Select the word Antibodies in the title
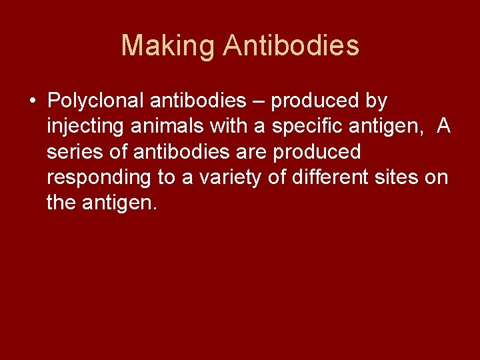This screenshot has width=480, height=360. pos(291,46)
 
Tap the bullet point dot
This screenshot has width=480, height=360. pos(33,101)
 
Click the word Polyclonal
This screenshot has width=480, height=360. pos(96,101)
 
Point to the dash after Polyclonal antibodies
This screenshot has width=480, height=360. pos(258,101)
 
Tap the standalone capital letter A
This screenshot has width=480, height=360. pos(443,127)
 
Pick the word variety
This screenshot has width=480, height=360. pos(229,177)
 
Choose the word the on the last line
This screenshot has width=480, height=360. pos(61,203)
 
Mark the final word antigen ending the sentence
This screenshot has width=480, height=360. pos(120,203)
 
